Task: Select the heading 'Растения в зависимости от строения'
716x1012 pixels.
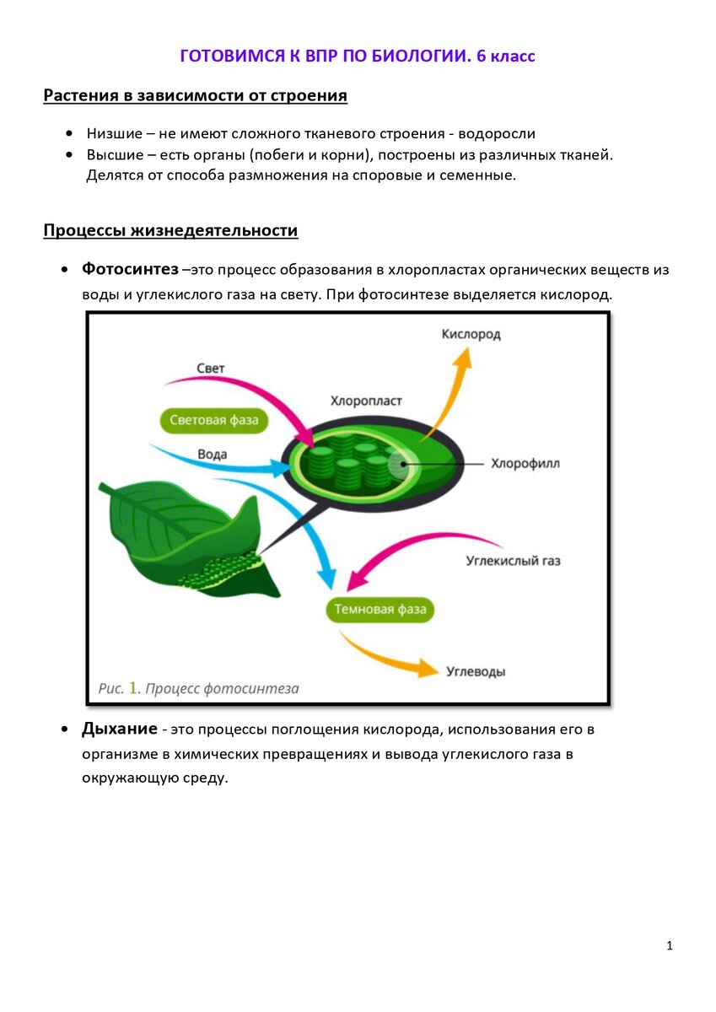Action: pyautogui.click(x=195, y=95)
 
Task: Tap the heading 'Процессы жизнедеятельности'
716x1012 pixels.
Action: pyautogui.click(x=170, y=230)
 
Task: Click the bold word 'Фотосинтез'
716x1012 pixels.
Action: pyautogui.click(x=130, y=269)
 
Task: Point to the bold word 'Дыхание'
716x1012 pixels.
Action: pyautogui.click(x=119, y=729)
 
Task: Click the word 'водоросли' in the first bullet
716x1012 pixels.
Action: pyautogui.click(x=498, y=133)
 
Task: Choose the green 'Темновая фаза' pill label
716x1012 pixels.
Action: pyautogui.click(x=380, y=609)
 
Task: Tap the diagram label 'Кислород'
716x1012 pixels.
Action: pyautogui.click(x=471, y=334)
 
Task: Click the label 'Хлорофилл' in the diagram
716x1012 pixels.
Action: pyautogui.click(x=525, y=463)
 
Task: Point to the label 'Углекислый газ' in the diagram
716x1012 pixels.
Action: pyautogui.click(x=513, y=560)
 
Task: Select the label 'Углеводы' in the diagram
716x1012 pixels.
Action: pyautogui.click(x=475, y=672)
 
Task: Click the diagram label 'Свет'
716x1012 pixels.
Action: pyautogui.click(x=211, y=369)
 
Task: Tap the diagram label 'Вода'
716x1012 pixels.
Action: pyautogui.click(x=213, y=455)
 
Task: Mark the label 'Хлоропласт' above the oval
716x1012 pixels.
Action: pyautogui.click(x=366, y=401)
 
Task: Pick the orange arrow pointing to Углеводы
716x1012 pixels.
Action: pyautogui.click(x=388, y=654)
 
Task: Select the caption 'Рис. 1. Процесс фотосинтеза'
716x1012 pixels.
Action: pyautogui.click(x=198, y=689)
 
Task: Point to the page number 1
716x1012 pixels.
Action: pyautogui.click(x=670, y=946)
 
